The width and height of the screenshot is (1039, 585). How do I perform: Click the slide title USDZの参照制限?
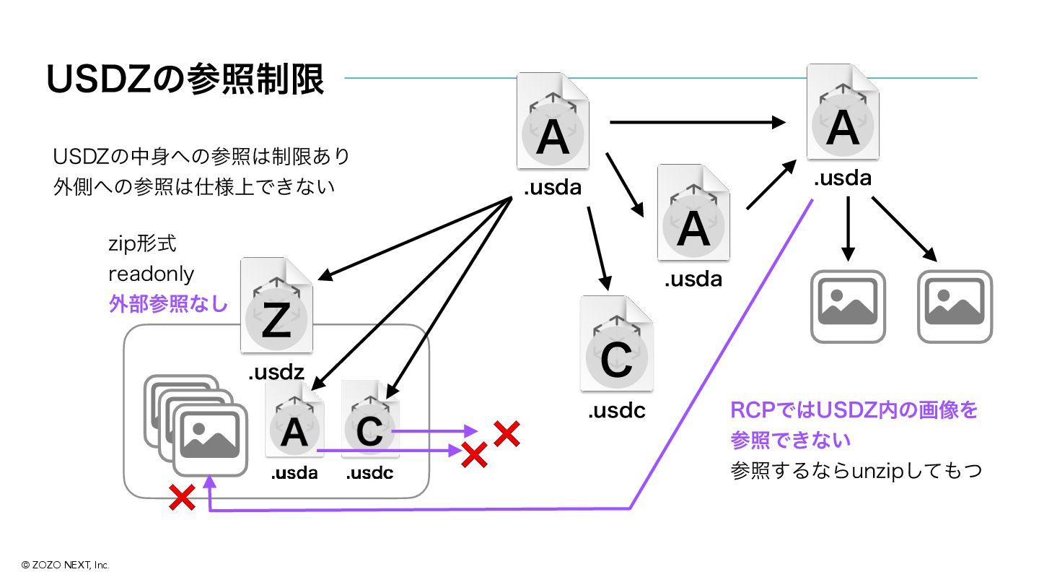pyautogui.click(x=185, y=81)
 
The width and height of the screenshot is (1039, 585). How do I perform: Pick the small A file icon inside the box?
pyautogui.click(x=294, y=420)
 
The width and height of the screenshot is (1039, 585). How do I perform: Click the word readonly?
pyautogui.click(x=151, y=274)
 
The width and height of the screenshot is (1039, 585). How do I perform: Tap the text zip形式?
pyautogui.click(x=142, y=244)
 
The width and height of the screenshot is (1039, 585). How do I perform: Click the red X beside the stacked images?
pyautogui.click(x=182, y=497)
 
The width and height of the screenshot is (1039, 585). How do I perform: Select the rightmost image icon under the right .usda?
pyautogui.click(x=955, y=306)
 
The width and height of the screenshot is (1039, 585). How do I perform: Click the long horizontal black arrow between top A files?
pyautogui.click(x=697, y=122)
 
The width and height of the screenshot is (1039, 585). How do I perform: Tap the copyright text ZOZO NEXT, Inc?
pyautogui.click(x=65, y=565)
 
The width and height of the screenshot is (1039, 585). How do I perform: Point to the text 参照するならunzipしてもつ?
pyautogui.click(x=856, y=472)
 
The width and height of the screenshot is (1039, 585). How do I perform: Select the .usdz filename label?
pyautogui.click(x=276, y=373)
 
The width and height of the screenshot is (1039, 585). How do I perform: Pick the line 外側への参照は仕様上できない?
pyautogui.click(x=194, y=186)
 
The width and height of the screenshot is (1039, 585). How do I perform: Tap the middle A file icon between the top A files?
pyautogui.click(x=693, y=213)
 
